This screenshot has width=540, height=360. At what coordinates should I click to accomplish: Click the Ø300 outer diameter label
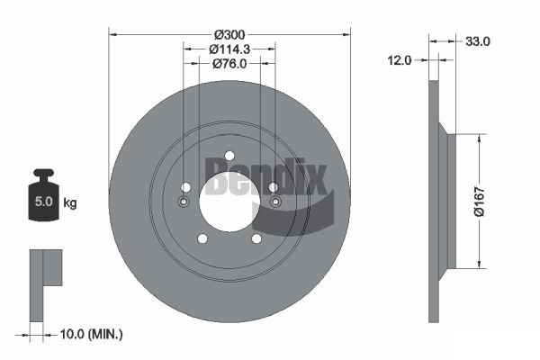tap(229, 34)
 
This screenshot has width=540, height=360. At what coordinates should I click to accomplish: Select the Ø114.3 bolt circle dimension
tap(229, 49)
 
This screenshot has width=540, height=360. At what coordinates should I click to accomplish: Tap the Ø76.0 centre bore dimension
tap(229, 64)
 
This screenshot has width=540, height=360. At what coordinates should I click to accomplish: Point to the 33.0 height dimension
tap(477, 41)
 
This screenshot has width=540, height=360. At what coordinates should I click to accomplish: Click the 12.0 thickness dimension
tap(400, 60)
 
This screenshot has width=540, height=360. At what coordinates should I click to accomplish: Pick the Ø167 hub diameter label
tap(479, 202)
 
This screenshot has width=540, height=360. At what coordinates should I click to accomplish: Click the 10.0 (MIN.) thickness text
tap(91, 334)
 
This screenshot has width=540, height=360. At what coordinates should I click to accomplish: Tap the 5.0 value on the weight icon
tap(43, 202)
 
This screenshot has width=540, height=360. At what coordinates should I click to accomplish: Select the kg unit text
tap(70, 202)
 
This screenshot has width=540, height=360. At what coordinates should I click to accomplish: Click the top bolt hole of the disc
tap(229, 156)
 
